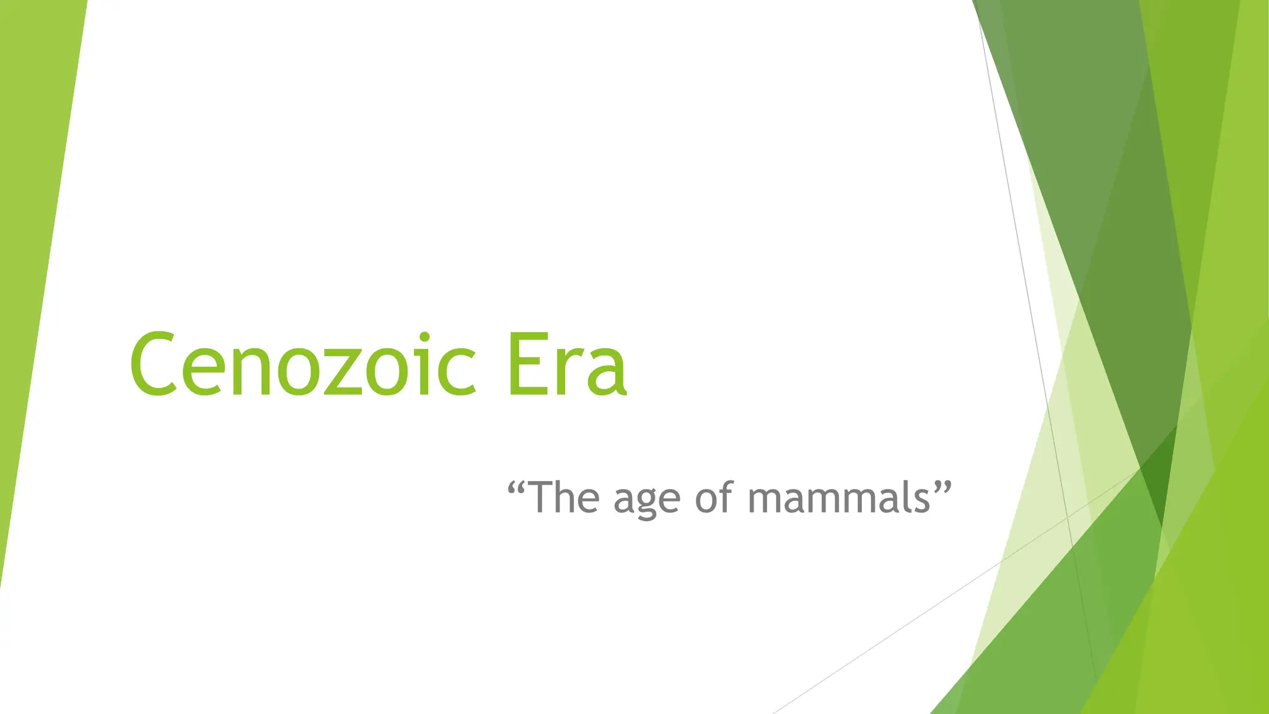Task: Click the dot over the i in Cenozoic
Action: coord(424,338)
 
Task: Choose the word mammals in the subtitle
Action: coord(839,498)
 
